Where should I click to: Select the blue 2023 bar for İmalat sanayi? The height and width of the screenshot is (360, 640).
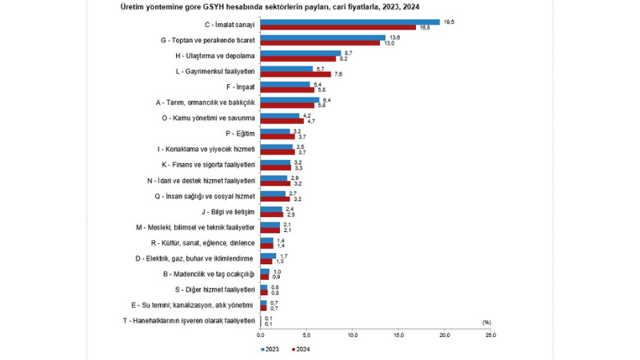[350, 22]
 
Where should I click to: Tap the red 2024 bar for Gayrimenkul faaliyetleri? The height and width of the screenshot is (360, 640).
[295, 74]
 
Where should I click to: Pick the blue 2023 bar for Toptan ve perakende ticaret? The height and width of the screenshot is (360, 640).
[322, 37]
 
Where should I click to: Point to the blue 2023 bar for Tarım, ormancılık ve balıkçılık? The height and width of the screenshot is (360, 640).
[290, 99]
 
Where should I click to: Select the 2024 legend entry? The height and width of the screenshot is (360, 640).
[302, 349]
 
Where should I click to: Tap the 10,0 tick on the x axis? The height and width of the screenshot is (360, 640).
[353, 334]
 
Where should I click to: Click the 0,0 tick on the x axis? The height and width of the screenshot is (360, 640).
[261, 334]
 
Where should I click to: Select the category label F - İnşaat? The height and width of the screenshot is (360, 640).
[241, 86]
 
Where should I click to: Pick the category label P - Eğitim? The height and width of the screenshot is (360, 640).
[241, 134]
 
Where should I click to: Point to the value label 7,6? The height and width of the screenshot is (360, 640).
[338, 74]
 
